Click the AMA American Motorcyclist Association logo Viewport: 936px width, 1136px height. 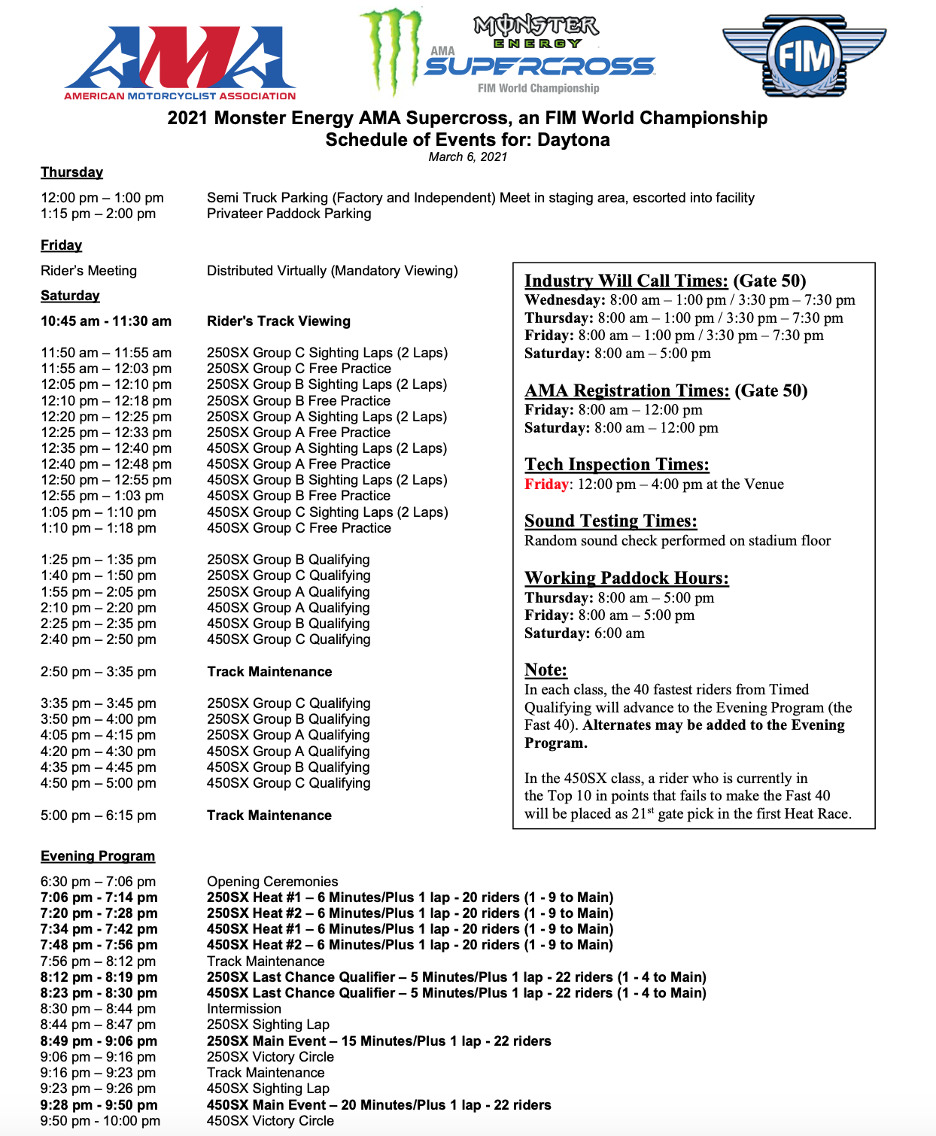pyautogui.click(x=181, y=63)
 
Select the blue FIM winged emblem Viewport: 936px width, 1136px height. pyautogui.click(x=804, y=56)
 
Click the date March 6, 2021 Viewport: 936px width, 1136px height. pyautogui.click(x=467, y=156)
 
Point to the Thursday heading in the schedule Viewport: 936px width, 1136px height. pyautogui.click(x=71, y=172)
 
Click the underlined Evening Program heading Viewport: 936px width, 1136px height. pyautogui.click(x=98, y=856)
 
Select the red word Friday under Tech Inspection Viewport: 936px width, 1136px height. pyautogui.click(x=546, y=484)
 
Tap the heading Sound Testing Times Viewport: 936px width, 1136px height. pyautogui.click(x=610, y=521)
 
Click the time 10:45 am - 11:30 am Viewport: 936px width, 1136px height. pyautogui.click(x=106, y=321)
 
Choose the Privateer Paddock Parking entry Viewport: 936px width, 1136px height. pyautogui.click(x=289, y=214)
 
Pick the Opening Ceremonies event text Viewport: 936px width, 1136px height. pyautogui.click(x=272, y=881)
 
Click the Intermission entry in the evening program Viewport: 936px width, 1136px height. pyautogui.click(x=244, y=1009)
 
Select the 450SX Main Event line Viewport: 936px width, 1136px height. pyautogui.click(x=378, y=1104)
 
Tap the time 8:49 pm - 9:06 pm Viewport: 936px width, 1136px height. pyautogui.click(x=99, y=1041)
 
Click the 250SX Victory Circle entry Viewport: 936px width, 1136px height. pyautogui.click(x=270, y=1057)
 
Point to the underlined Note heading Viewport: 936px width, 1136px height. pyautogui.click(x=545, y=670)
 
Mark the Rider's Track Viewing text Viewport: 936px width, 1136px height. pyautogui.click(x=278, y=321)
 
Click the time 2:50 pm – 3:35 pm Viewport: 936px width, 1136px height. pyautogui.click(x=99, y=672)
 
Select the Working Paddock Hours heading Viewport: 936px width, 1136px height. pyautogui.click(x=626, y=578)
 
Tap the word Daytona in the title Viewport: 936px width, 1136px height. pyautogui.click(x=573, y=140)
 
